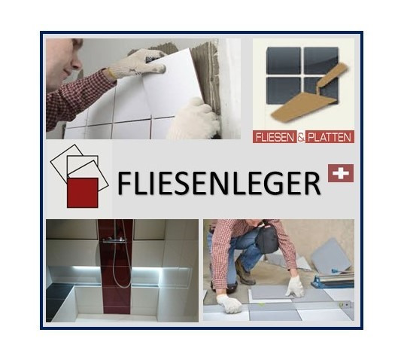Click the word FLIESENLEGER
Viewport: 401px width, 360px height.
[219, 184]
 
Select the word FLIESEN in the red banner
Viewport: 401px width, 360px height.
[276, 137]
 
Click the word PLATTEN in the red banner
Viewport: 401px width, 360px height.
[330, 137]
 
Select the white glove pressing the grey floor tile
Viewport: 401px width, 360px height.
[294, 285]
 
